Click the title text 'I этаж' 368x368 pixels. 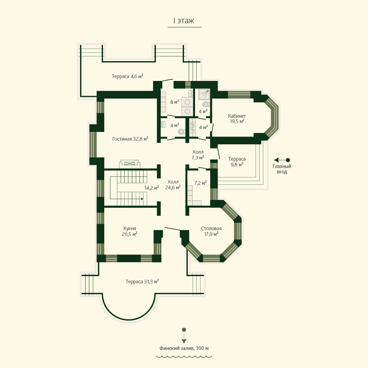click(x=184, y=21)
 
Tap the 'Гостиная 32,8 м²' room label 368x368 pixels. click(x=130, y=139)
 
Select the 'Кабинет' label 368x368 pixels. click(x=237, y=116)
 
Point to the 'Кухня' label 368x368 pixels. click(x=130, y=228)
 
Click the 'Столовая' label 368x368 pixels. click(x=211, y=228)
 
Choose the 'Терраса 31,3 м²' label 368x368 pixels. click(x=142, y=281)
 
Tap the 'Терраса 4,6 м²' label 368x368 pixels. click(x=128, y=76)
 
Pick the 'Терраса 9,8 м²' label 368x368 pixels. click(x=237, y=162)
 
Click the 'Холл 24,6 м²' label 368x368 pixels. click(x=173, y=184)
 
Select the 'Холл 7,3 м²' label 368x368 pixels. click(x=198, y=155)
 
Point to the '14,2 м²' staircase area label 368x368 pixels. click(x=152, y=188)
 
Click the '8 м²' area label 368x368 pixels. click(x=175, y=102)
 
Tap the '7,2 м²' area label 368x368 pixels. click(x=200, y=183)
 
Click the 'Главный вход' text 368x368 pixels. click(x=282, y=169)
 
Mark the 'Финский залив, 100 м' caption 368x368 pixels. click(x=184, y=348)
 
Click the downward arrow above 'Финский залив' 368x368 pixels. click(x=184, y=336)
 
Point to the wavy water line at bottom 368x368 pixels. click(x=184, y=357)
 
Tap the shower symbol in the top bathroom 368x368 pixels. click(x=204, y=94)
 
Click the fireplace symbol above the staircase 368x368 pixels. click(x=129, y=163)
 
